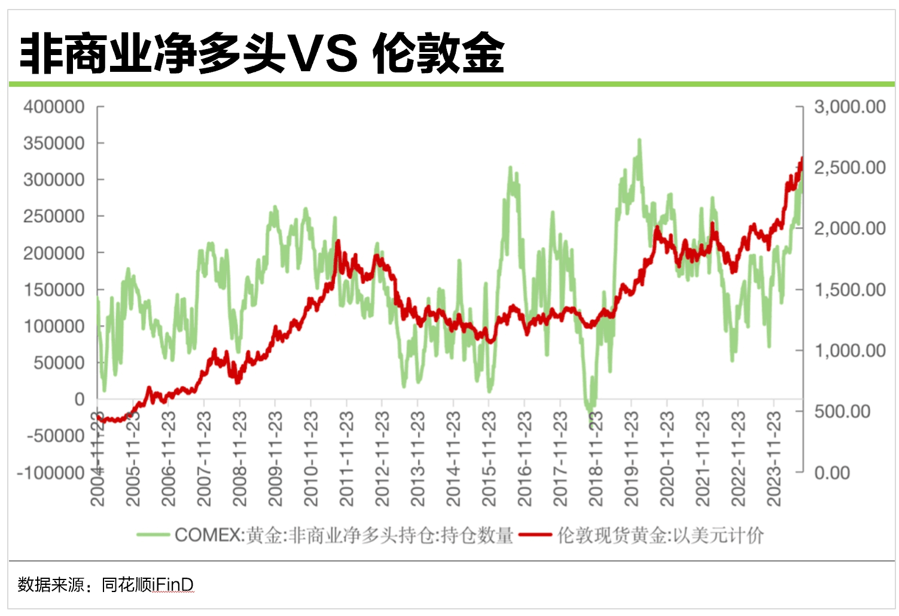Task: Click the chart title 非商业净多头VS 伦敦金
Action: coord(262,54)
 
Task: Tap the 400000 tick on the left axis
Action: coord(54,107)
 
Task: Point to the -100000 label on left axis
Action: coord(51,473)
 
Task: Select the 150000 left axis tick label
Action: coord(54,290)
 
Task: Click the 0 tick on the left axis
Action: coord(79,399)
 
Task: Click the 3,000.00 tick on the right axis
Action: coord(849,107)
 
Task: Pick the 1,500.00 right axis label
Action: coord(849,290)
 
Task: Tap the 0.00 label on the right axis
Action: coord(832,473)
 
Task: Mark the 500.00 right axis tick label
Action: coord(842,412)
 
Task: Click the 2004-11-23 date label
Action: coord(97,459)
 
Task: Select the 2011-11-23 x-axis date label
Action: coord(346,459)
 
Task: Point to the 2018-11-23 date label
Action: coord(596,459)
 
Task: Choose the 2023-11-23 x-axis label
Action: coord(774,459)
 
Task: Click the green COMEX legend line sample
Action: coord(153,535)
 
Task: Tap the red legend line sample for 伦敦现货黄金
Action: coord(535,535)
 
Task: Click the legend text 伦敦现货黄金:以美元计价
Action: coord(660,535)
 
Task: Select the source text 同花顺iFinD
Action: coord(147,584)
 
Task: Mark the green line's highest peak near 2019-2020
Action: coord(639,140)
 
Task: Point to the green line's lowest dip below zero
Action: coord(591,412)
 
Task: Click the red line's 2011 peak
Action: coord(339,241)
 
